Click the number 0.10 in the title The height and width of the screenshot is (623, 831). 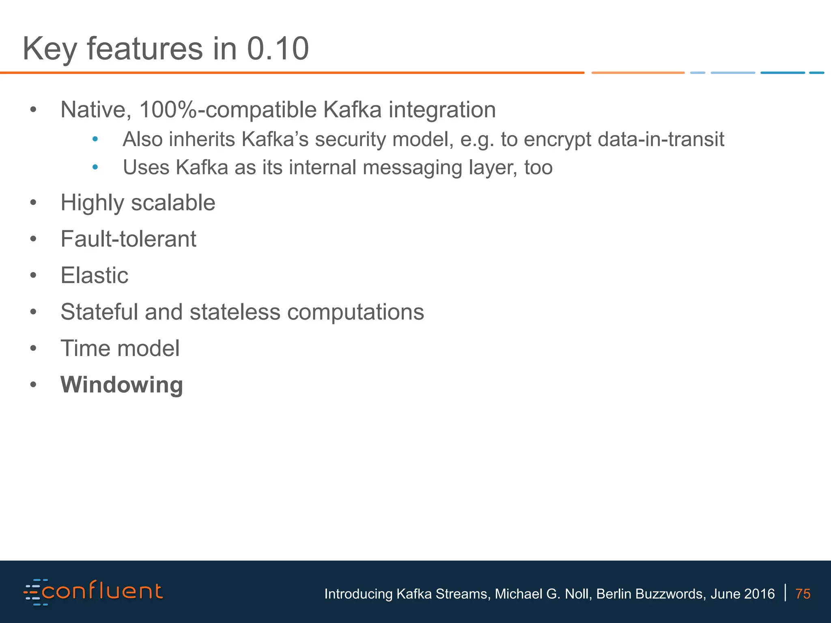278,49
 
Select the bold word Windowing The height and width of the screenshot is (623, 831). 122,385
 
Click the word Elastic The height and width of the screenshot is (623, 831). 94,275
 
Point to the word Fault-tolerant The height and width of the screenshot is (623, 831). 128,239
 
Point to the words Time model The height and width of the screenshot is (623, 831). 120,348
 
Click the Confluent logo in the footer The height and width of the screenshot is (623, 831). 93,592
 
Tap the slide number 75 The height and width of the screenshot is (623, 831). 803,594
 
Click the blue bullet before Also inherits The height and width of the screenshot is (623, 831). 95,140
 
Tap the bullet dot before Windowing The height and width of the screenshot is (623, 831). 33,385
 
